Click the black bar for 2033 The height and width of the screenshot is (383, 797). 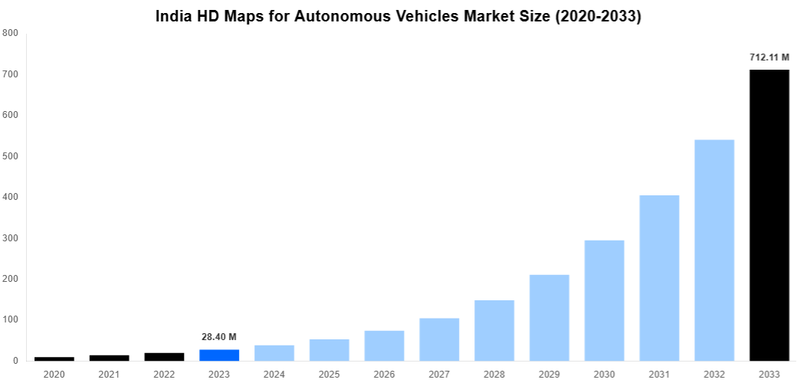pyautogui.click(x=769, y=214)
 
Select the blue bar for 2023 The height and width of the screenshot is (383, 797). pyautogui.click(x=219, y=355)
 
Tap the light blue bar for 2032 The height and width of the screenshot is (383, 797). pyautogui.click(x=714, y=250)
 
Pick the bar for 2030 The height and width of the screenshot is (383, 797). pyautogui.click(x=604, y=300)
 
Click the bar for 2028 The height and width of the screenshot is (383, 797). pyautogui.click(x=494, y=330)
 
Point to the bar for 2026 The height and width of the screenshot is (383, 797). pyautogui.click(x=384, y=345)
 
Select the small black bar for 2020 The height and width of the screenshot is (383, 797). pyautogui.click(x=54, y=358)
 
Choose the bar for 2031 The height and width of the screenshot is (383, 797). pyautogui.click(x=659, y=277)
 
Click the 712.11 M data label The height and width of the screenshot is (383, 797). pyautogui.click(x=769, y=57)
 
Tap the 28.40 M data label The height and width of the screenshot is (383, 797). pyautogui.click(x=219, y=337)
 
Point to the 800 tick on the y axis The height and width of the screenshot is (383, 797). pyautogui.click(x=10, y=33)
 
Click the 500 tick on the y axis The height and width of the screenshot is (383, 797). pyautogui.click(x=10, y=156)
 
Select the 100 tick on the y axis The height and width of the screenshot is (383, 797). pyautogui.click(x=10, y=319)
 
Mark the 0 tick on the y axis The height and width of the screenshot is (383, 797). pyautogui.click(x=15, y=361)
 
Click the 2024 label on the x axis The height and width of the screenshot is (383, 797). pyautogui.click(x=274, y=374)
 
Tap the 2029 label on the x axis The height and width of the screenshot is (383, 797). pyautogui.click(x=549, y=374)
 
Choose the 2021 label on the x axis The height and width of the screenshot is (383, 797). pyautogui.click(x=110, y=374)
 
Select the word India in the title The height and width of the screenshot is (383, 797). pyautogui.click(x=175, y=16)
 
